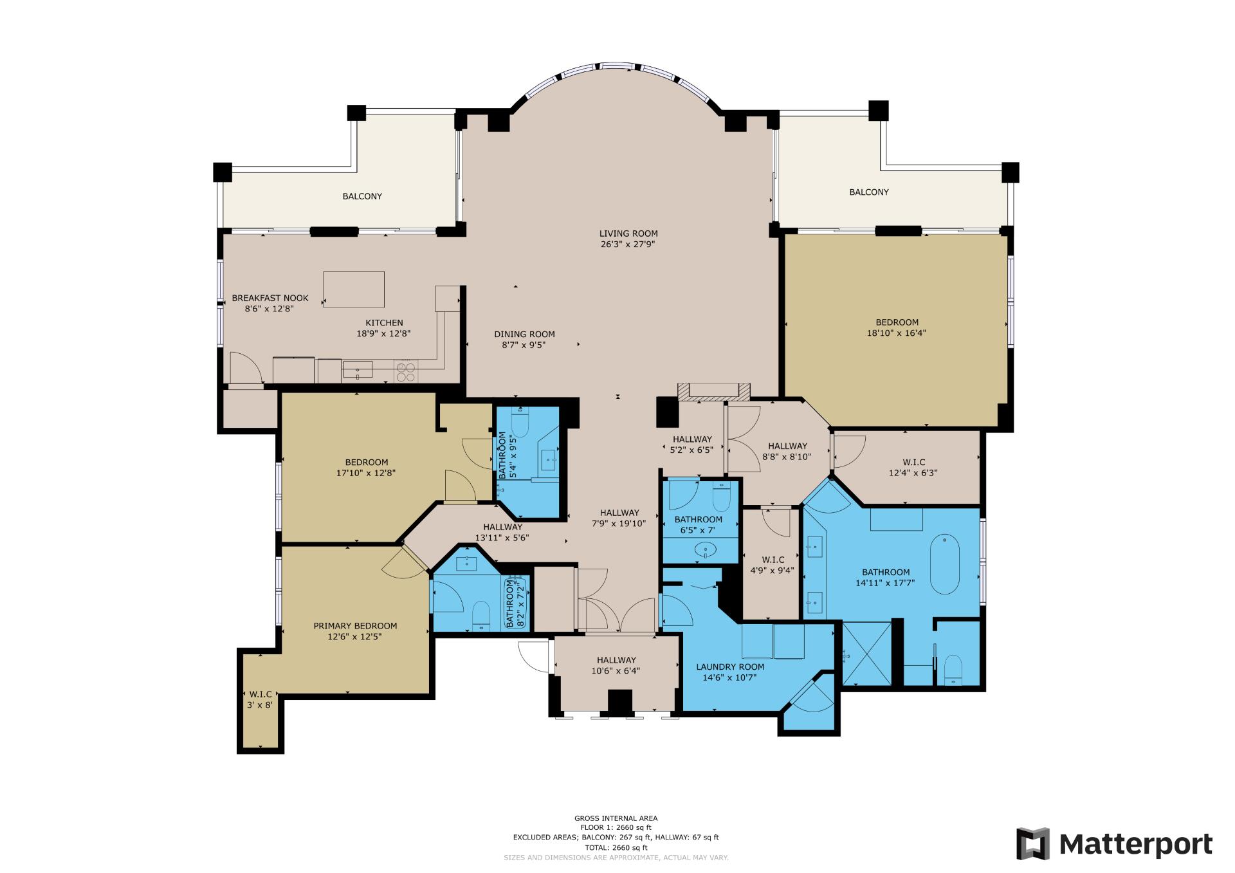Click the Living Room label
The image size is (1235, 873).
click(x=628, y=234)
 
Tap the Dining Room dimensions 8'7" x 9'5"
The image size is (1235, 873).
click(x=524, y=345)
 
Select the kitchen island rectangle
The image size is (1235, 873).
click(x=354, y=289)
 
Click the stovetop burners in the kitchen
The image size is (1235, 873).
click(x=405, y=372)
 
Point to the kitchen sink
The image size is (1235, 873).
click(x=358, y=369)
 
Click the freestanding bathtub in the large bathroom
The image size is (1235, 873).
click(x=944, y=564)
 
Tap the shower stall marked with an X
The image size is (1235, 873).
click(x=866, y=653)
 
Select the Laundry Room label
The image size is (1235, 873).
click(x=730, y=666)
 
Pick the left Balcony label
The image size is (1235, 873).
click(x=362, y=196)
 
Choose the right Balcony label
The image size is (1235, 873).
click(x=868, y=192)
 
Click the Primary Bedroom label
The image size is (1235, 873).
click(x=355, y=625)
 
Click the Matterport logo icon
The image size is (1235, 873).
click(x=1033, y=843)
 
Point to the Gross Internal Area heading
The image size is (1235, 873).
click(x=616, y=818)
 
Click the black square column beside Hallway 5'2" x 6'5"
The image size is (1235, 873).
click(x=667, y=412)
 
